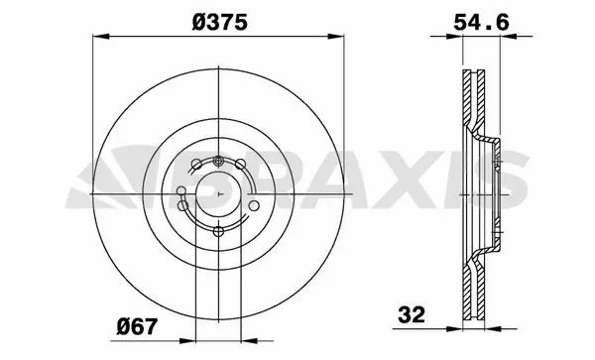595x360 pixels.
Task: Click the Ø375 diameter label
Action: pos(220,22)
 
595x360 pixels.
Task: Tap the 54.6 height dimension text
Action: pos(481,23)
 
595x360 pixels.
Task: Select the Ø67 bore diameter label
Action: pos(137,326)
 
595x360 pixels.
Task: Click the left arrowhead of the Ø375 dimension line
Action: pos(101,37)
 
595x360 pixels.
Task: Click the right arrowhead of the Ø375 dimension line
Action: pos(336,37)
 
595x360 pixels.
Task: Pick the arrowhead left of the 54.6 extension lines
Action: pos(455,37)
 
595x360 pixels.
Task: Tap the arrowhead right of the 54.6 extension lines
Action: pos(509,37)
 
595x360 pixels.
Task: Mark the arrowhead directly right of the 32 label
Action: pos(455,329)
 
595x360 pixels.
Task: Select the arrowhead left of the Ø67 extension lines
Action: pos(187,341)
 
